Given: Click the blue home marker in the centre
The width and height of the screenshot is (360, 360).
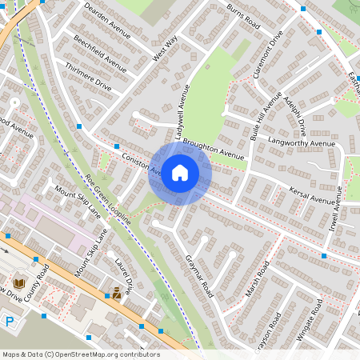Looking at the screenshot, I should point(180,172).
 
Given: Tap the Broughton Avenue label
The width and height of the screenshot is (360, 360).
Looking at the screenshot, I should point(213,150).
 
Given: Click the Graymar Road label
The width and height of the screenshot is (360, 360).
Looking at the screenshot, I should point(198,273).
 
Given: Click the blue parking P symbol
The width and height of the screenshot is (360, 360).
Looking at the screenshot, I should point(10,322).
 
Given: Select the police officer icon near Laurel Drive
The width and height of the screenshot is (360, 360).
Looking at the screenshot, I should point(117,294).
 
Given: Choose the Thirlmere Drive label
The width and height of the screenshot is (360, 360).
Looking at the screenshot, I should point(87,78).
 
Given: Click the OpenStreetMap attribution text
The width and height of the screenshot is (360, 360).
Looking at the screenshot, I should point(81,354).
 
